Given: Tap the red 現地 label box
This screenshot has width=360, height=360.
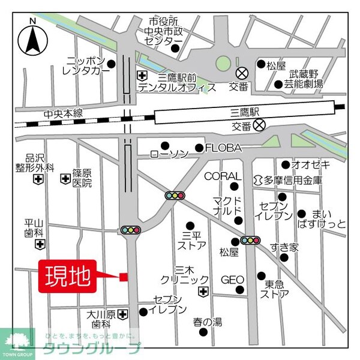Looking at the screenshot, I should pyautogui.click(x=67, y=277).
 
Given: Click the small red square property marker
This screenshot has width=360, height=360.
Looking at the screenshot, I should pyautogui.click(x=124, y=277).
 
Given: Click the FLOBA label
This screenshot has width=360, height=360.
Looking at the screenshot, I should pyautogui.click(x=223, y=148).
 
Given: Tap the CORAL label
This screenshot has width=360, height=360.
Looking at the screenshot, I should pyautogui.click(x=221, y=176).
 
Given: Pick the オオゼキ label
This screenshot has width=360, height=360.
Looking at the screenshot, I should pyautogui.click(x=310, y=164).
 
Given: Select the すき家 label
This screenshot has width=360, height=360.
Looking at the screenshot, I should pyautogui.click(x=284, y=247).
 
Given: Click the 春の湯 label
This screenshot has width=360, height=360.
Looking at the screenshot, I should pyautogui.click(x=208, y=322).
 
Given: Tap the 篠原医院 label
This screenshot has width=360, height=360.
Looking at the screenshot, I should pyautogui.click(x=82, y=178).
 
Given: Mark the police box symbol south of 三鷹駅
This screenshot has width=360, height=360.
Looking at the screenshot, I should pyautogui.click(x=259, y=125).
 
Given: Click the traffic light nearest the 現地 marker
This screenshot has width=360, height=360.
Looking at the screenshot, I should pyautogui.click(x=130, y=230).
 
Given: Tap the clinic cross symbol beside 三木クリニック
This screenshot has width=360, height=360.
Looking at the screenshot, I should pyautogui.click(x=203, y=292).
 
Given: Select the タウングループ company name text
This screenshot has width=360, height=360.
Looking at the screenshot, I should pyautogui.click(x=91, y=349).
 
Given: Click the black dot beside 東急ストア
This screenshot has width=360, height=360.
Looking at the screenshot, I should pyautogui.click(x=261, y=276).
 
